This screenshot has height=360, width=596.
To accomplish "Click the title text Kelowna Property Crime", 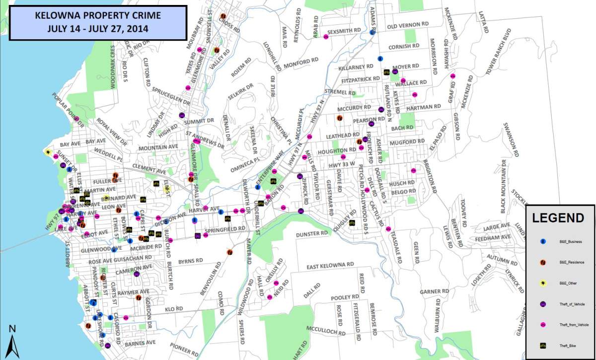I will tap(93, 16).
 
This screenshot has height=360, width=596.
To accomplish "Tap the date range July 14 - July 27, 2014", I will tap(93, 28).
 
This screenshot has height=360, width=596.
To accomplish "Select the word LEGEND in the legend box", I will tap(558, 218).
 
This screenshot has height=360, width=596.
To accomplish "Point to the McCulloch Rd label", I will tap(325, 330).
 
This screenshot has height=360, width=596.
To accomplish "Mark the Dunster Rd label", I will tap(312, 233).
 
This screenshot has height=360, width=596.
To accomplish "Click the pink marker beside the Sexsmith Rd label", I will tap(326, 36).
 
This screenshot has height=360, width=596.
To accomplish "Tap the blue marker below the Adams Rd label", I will tap(372, 32).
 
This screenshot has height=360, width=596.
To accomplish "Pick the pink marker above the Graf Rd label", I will tap(452, 76).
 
